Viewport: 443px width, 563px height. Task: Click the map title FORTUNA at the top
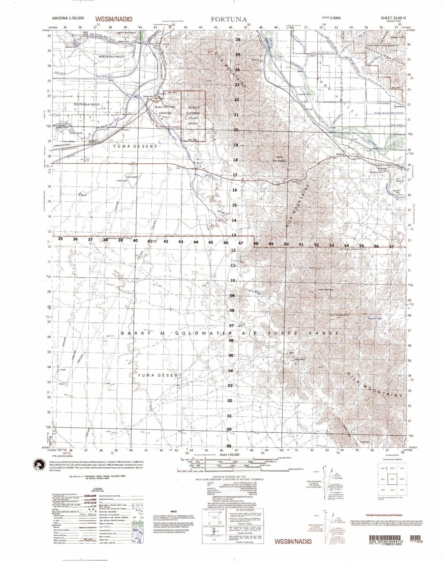point(228,19)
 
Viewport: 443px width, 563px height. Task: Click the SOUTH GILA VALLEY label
point(87,105)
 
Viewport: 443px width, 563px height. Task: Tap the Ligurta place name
point(341,154)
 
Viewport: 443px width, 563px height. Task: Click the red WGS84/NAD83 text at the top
point(114,19)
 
